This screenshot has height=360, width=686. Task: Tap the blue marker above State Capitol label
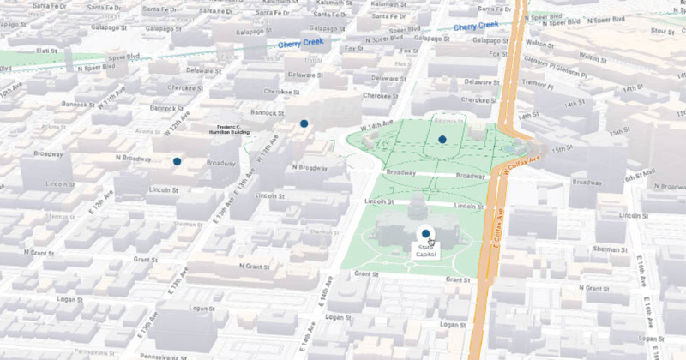point(425,233)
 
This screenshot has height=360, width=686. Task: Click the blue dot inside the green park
point(442,139)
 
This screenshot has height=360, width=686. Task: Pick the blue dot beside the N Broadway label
point(177,161)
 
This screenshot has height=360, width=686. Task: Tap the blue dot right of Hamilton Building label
point(304,124)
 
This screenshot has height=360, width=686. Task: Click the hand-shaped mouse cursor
point(432,243)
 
